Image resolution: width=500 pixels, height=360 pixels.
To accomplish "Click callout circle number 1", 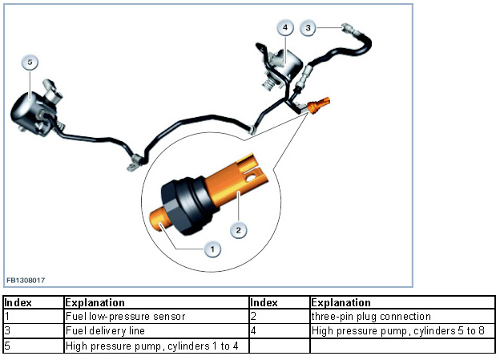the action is click(x=212, y=249).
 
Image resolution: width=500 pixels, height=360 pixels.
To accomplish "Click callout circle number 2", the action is click(x=238, y=230).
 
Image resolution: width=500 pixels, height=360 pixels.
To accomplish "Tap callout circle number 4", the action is click(x=284, y=27).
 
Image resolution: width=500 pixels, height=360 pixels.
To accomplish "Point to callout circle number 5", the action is click(x=29, y=63).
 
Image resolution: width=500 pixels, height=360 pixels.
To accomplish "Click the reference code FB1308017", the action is click(x=25, y=281).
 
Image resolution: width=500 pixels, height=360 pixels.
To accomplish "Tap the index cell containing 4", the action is click(x=278, y=330).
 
